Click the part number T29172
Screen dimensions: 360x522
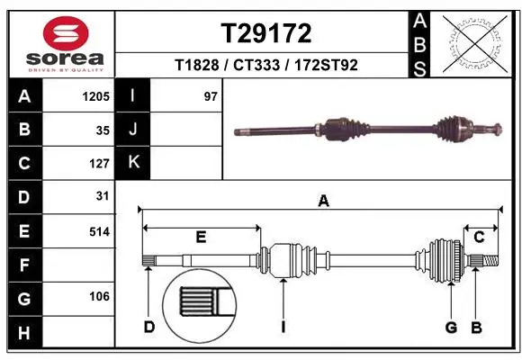(266, 33)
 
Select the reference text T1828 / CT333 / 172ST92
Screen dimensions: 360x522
(266, 66)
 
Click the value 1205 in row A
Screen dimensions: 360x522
(96, 96)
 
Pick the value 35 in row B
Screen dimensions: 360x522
(103, 130)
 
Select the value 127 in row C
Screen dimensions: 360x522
(99, 164)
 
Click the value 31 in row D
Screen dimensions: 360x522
(103, 196)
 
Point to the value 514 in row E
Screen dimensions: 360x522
(99, 231)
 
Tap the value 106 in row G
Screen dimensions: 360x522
(99, 297)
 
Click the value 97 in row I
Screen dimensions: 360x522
(211, 96)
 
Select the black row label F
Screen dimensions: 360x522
(23, 265)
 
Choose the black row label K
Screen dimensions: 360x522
(133, 163)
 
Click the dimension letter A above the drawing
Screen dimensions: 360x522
(323, 202)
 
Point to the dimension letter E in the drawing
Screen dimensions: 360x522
(201, 237)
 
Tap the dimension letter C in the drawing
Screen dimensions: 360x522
(480, 237)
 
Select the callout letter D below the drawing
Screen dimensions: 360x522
(148, 327)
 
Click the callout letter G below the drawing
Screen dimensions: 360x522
(451, 327)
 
